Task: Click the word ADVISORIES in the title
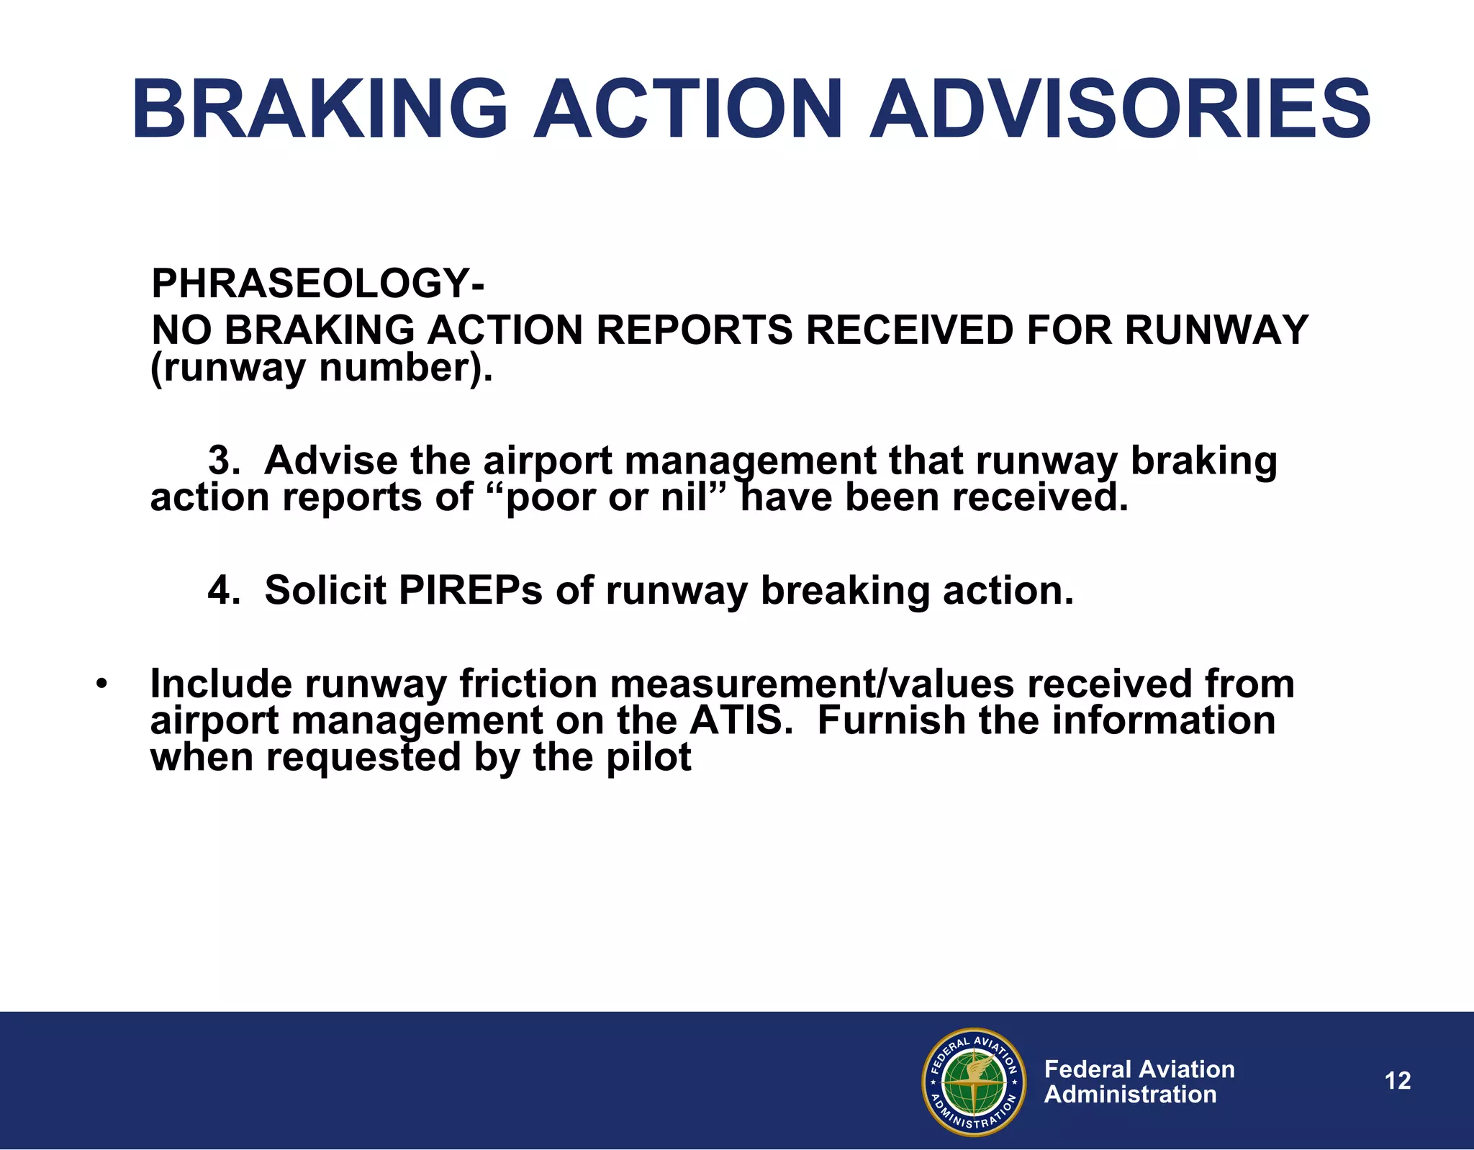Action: [x=1120, y=110]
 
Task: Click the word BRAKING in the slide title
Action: [x=320, y=110]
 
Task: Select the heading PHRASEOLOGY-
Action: [x=317, y=283]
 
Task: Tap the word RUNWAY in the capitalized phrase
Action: [x=1216, y=330]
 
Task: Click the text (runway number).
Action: [x=322, y=368]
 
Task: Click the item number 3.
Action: [x=223, y=461]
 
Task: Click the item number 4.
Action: [x=223, y=591]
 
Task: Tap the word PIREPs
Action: [x=470, y=591]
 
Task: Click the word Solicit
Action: [x=325, y=591]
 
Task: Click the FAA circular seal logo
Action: [x=973, y=1082]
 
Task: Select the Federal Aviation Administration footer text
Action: [x=1139, y=1082]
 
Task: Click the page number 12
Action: [x=1398, y=1081]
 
